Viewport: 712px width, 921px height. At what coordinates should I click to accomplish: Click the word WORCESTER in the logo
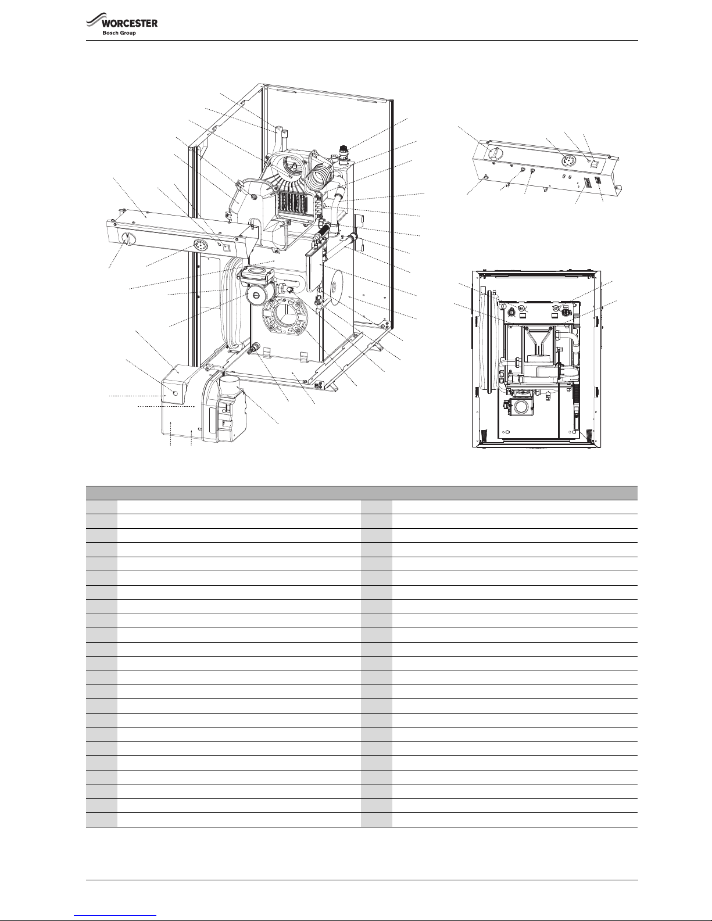click(x=130, y=23)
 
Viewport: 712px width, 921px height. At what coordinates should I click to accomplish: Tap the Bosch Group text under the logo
click(x=119, y=33)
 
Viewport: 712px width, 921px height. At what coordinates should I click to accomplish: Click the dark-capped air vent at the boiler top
click(x=343, y=150)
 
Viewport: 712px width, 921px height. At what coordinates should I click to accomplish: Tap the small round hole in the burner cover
click(x=176, y=393)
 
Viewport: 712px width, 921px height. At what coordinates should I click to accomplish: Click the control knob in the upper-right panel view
click(x=494, y=153)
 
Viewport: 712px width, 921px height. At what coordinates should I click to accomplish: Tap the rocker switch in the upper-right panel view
click(x=595, y=166)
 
